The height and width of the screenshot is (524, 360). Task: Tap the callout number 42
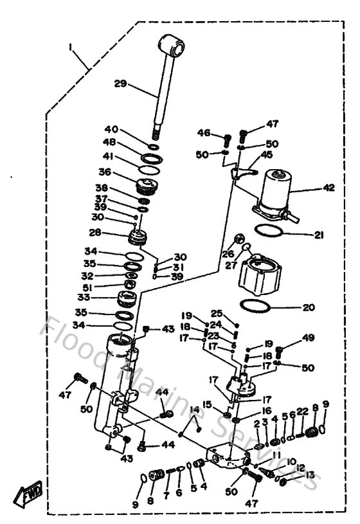pyautogui.click(x=328, y=188)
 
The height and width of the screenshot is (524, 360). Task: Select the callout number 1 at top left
pyautogui.click(x=72, y=47)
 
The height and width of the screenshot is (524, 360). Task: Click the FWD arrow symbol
pyautogui.click(x=24, y=496)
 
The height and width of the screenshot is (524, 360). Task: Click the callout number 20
pyautogui.click(x=309, y=307)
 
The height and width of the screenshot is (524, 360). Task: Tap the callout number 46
pyautogui.click(x=204, y=133)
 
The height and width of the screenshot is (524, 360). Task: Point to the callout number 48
pyautogui.click(x=111, y=142)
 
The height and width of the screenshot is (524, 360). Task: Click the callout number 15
pyautogui.click(x=207, y=404)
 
